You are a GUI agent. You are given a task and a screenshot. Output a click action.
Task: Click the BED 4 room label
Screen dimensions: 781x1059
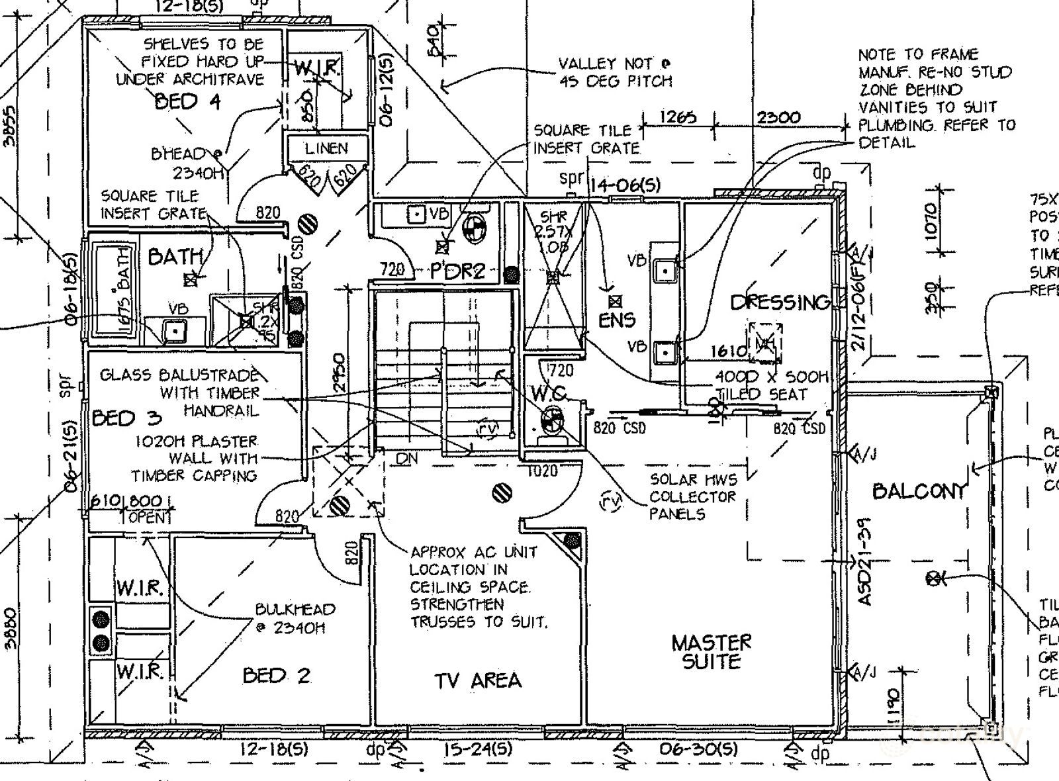tap(187, 102)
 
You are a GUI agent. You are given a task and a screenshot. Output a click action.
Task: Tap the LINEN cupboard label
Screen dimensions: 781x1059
tap(326, 148)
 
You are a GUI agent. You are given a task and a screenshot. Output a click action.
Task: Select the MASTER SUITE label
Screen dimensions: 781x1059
tap(712, 652)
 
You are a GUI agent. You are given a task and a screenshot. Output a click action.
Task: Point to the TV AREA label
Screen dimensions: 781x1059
tap(478, 680)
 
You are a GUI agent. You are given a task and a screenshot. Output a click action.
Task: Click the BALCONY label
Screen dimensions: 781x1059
tap(919, 491)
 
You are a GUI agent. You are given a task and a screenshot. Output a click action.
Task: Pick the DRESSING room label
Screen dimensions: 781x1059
tap(780, 302)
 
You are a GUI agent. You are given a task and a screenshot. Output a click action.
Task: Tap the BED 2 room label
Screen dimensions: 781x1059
tap(276, 675)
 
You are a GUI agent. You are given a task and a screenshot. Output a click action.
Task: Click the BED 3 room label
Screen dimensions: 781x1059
tap(126, 418)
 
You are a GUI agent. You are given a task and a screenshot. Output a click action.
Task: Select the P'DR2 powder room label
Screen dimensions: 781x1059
tap(458, 271)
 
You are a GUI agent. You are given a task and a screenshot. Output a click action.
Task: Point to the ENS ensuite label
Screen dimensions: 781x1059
tap(617, 320)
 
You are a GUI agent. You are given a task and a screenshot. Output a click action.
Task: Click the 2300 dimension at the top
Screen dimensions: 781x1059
tap(778, 118)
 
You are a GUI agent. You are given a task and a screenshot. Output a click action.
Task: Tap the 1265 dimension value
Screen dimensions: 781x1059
tap(678, 117)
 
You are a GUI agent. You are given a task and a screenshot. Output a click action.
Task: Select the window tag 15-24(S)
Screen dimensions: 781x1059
tap(478, 749)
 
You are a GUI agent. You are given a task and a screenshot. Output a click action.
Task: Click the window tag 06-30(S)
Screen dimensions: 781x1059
tap(698, 749)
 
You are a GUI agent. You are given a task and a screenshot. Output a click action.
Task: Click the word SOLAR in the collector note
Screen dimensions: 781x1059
tap(672, 479)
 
